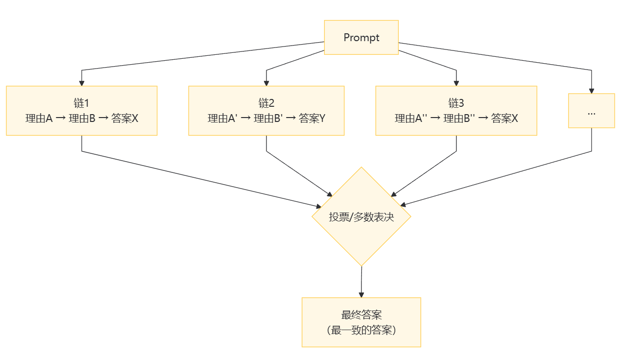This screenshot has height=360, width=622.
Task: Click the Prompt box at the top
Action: click(x=361, y=38)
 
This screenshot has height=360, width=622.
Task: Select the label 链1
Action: click(x=81, y=103)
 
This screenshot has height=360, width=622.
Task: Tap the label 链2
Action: click(x=266, y=103)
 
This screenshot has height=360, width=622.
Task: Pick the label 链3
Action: click(x=456, y=103)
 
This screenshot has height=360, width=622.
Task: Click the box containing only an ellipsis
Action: click(x=591, y=111)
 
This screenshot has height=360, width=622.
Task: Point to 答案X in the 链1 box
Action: click(x=125, y=118)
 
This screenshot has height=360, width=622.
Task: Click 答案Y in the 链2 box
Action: click(x=312, y=118)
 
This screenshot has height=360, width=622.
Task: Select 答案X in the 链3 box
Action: click(x=504, y=118)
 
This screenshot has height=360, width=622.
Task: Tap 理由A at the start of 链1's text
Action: click(x=39, y=118)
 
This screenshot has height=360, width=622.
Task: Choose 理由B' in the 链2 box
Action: click(x=268, y=118)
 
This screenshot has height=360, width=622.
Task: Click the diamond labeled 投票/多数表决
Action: click(x=361, y=216)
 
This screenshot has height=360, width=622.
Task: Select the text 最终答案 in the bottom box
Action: click(x=361, y=315)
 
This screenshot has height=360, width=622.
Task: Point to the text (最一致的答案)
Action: click(x=361, y=330)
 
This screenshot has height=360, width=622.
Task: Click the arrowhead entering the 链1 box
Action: click(x=82, y=83)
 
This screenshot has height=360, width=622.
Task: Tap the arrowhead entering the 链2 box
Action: click(x=266, y=83)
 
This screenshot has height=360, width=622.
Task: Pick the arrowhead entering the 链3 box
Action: click(x=456, y=83)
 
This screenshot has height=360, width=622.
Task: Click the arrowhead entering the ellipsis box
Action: click(x=592, y=91)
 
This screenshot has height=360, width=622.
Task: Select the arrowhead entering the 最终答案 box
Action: click(x=361, y=294)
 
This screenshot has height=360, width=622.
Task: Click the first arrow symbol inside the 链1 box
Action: click(x=61, y=118)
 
